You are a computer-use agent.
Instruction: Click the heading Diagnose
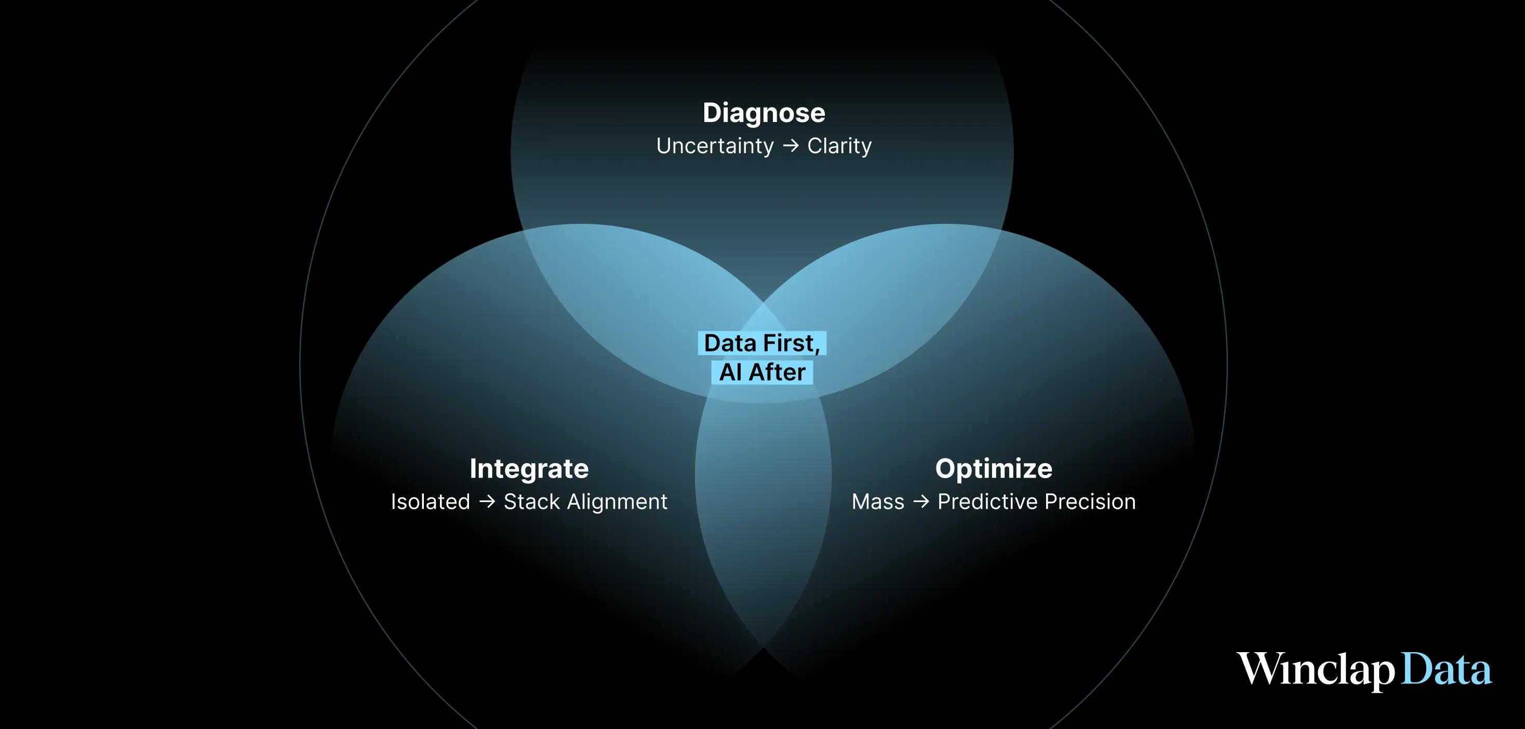click(x=764, y=113)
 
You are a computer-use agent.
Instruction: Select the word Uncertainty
click(x=715, y=146)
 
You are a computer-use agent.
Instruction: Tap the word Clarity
click(x=839, y=146)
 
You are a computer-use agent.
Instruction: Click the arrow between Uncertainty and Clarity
click(x=791, y=145)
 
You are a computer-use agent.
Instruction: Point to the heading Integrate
click(x=529, y=469)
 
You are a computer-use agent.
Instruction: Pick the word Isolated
click(x=431, y=502)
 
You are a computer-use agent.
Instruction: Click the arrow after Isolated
click(x=487, y=502)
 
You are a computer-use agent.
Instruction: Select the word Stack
click(x=531, y=502)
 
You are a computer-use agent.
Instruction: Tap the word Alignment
click(x=617, y=502)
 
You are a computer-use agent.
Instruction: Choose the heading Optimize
click(x=994, y=469)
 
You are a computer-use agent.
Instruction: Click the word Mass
click(x=878, y=502)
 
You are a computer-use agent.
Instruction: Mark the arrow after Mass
click(x=921, y=502)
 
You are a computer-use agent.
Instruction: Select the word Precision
click(x=1090, y=502)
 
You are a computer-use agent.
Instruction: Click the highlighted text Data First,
click(x=762, y=343)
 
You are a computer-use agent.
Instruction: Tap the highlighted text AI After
click(x=762, y=372)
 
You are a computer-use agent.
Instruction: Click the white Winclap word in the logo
click(x=1316, y=670)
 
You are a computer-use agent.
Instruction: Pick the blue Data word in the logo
click(x=1446, y=670)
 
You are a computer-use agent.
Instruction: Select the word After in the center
click(x=777, y=372)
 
